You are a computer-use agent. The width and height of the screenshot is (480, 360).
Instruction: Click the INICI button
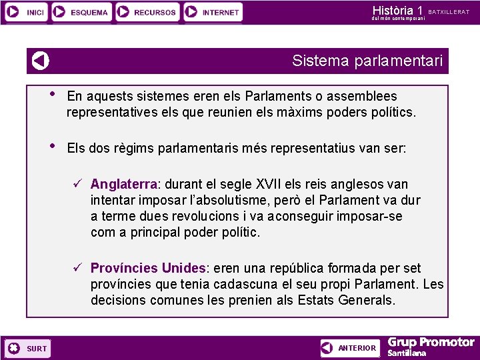[x=25, y=12]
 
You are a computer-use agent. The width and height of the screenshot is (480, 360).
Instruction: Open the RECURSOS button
[x=147, y=12]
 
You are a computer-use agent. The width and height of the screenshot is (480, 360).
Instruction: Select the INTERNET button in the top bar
[x=213, y=12]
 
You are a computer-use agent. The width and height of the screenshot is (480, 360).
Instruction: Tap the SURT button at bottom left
[x=27, y=348]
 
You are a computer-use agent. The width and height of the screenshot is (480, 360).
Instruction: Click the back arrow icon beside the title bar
[x=41, y=61]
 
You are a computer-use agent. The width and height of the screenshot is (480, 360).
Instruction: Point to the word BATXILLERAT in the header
[x=449, y=11]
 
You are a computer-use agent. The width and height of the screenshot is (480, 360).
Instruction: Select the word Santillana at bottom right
[x=407, y=353]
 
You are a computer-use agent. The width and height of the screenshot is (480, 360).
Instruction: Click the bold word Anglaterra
[x=124, y=184]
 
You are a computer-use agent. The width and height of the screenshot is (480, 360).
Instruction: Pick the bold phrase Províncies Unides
[x=148, y=268]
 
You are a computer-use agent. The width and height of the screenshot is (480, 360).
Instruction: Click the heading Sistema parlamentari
[x=367, y=61]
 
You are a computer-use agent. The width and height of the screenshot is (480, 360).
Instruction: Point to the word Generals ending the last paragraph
[x=367, y=300]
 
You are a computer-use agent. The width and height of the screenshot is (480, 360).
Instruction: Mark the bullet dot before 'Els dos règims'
[x=53, y=146]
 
